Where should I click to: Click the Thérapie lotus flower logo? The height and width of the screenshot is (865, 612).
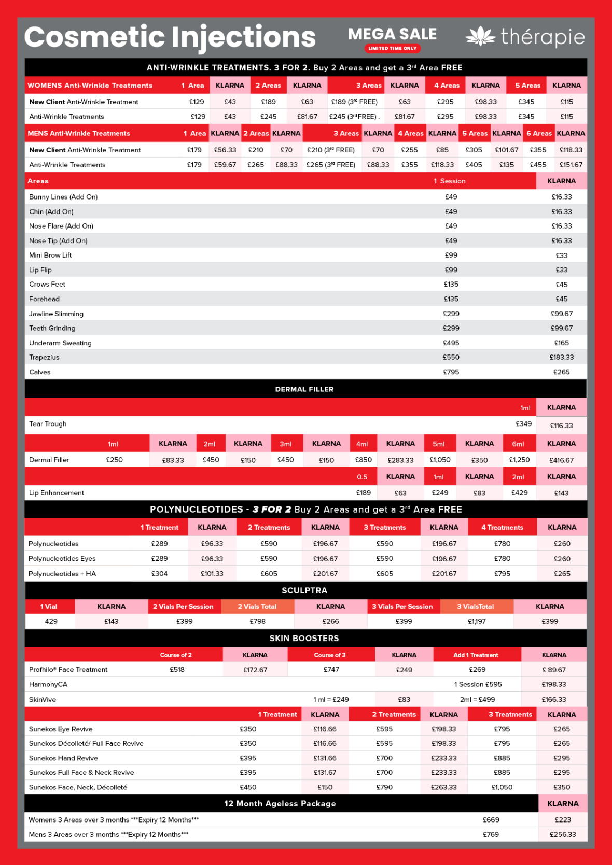pos(480,36)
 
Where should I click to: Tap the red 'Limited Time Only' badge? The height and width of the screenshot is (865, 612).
pos(392,48)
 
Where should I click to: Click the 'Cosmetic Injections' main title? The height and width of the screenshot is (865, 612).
pos(170,37)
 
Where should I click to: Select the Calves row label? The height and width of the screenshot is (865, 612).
pos(40,372)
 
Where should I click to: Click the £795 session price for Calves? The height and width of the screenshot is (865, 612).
pos(451,372)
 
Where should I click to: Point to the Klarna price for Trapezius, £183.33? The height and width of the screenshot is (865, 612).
pos(561,358)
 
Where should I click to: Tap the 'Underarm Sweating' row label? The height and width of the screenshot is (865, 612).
pos(60,343)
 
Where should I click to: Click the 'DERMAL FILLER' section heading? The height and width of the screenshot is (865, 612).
pos(304,389)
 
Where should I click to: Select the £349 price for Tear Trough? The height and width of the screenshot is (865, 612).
pos(523,424)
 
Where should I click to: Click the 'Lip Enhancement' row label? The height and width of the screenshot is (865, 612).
pos(57,493)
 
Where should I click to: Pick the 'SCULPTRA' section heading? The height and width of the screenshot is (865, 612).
pos(304,590)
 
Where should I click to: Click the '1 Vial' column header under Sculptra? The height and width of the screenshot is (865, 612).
pos(49,607)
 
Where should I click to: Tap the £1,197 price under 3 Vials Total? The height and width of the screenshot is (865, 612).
pos(477,621)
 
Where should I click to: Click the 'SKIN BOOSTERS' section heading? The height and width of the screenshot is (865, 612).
pos(304,639)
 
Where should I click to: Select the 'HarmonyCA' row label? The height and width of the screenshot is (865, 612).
pos(48,685)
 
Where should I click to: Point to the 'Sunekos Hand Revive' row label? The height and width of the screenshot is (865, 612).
pos(63,758)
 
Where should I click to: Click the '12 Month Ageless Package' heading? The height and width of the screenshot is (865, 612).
pos(280,804)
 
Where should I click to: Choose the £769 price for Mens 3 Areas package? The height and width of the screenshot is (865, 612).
pos(491,835)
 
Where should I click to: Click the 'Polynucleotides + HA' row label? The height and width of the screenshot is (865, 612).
pos(62,574)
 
